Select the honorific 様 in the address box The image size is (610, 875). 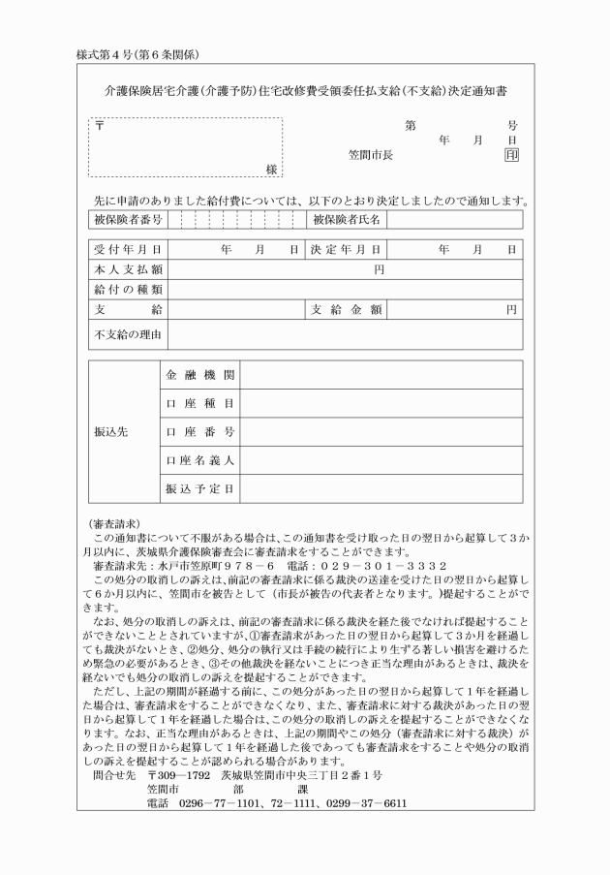coord(272,169)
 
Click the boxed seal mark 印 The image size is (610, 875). coord(510,155)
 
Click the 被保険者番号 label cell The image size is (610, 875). coord(127,220)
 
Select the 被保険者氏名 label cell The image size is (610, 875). coord(346,220)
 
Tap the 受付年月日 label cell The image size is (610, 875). coord(127,250)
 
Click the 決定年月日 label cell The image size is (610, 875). coord(346,250)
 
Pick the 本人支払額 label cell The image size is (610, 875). coord(127,269)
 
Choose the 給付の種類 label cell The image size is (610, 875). coord(127,289)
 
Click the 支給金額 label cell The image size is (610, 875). coord(346,309)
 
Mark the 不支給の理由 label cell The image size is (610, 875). coord(127,334)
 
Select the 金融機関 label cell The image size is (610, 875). coord(199,375)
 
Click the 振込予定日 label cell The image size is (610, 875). coord(199,488)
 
